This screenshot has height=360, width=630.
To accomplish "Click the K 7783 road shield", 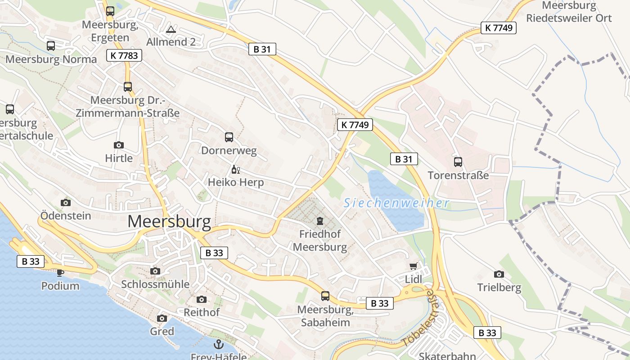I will coord(124,55).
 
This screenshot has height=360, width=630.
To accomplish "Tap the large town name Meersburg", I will coord(169,222).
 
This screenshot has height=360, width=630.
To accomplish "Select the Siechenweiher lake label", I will coord(396,203).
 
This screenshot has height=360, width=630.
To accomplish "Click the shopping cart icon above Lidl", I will coord(414,266).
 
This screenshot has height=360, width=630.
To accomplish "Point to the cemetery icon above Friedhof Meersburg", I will coord(320,221).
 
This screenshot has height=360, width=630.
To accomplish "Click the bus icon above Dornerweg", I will coord(229,137).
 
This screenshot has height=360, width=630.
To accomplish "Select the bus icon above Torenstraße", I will coord(458,162).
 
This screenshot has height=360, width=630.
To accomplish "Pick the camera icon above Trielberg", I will coord(499,274).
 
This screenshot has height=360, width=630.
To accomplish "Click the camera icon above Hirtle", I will coord(119,145).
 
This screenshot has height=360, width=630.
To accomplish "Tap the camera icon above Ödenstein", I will coord(66,202).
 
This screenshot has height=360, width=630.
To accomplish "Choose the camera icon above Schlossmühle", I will coord(155,271).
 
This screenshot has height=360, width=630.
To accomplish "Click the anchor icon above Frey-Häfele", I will coord(218,345).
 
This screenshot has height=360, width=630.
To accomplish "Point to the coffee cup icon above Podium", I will coord(60,273).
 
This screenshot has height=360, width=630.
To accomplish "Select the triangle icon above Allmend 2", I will coord(171,30).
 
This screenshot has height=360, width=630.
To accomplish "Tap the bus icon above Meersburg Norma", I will coord(51,45).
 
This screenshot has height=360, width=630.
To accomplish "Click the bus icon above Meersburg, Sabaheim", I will coord(325,296).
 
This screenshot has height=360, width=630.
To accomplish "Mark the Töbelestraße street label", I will coord(419,318).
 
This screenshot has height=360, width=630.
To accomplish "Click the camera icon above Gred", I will coord(162,319).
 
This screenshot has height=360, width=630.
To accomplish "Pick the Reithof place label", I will coord(202,312).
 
